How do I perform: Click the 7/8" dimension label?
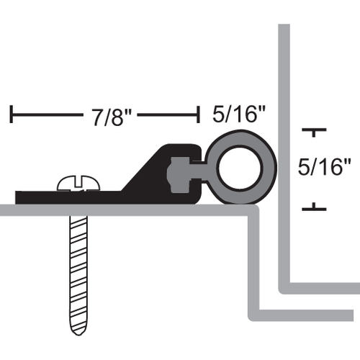click(x=112, y=117)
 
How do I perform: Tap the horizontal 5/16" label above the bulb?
click(x=239, y=114)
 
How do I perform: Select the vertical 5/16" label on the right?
click(x=324, y=167)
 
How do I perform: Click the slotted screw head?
click(x=78, y=184)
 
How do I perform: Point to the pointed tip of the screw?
click(x=78, y=334)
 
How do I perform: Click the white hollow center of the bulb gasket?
click(x=240, y=168)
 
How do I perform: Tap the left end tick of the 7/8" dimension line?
click(x=11, y=114)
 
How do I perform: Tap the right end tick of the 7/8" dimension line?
click(x=198, y=114)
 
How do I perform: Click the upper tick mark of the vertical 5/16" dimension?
click(x=314, y=132)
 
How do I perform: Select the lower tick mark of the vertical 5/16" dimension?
click(x=314, y=207)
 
